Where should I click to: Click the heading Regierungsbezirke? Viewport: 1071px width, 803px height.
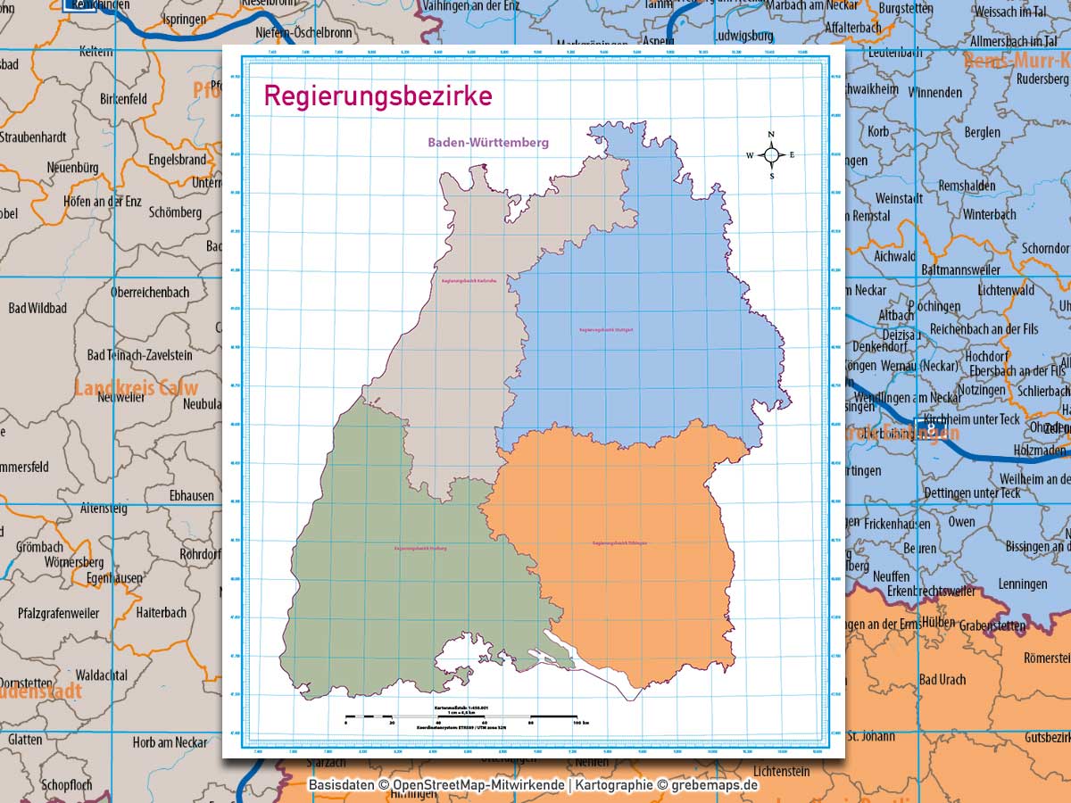(x=378, y=95)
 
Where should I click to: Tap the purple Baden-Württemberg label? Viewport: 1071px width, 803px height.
(x=488, y=142)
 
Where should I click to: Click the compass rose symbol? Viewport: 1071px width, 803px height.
(x=772, y=154)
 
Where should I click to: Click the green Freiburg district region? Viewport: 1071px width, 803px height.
(x=402, y=580)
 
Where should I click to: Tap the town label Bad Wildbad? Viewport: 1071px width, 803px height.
(x=37, y=308)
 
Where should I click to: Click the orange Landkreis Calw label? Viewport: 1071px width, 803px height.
(x=136, y=388)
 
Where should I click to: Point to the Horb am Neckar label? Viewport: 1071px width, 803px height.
(x=170, y=742)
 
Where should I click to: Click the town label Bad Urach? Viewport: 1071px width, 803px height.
(x=942, y=679)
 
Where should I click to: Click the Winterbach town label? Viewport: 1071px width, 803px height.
(x=989, y=214)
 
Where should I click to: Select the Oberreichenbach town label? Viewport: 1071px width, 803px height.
(x=150, y=292)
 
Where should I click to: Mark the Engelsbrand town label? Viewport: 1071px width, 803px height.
(x=178, y=161)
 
